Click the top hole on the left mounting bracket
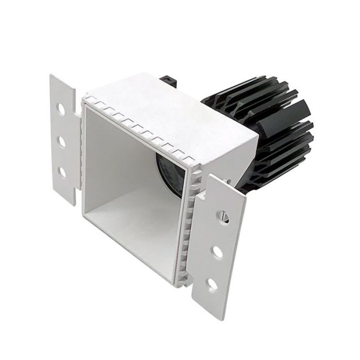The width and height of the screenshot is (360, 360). pos(62,110)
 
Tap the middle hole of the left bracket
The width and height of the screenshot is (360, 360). pos(62,140)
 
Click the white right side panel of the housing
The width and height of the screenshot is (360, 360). pos(231,154)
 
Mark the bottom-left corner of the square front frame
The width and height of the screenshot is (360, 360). pos(83,211)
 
